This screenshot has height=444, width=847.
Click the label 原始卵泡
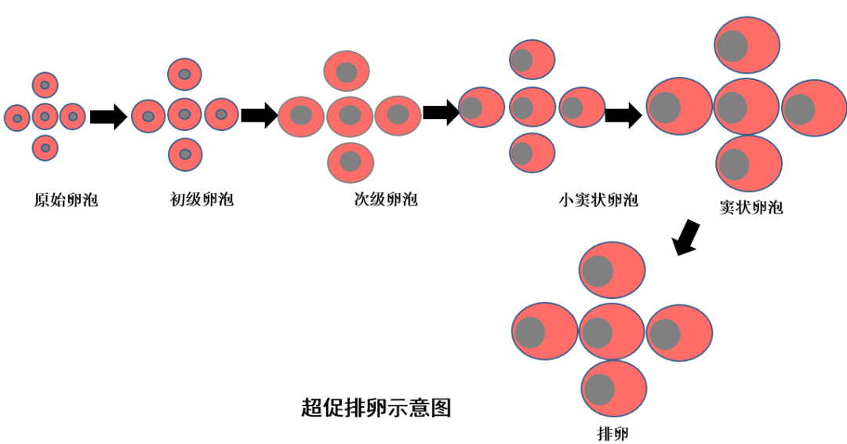[x=66, y=200]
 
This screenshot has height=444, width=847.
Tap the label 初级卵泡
[x=202, y=199]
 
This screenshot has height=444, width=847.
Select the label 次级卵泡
[x=386, y=199]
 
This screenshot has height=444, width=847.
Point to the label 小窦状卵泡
[x=598, y=200]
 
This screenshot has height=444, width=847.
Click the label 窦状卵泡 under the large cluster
[x=751, y=208]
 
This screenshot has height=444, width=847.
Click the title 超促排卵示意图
[x=376, y=408]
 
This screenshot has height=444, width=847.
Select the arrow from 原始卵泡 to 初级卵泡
[x=108, y=117]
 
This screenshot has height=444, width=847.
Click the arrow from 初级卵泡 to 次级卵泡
[x=259, y=115]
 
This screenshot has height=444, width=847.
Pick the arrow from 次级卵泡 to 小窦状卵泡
[x=441, y=111]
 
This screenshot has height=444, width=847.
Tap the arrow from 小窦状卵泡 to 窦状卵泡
[x=623, y=116]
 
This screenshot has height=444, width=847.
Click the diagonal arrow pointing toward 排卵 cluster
[x=687, y=237]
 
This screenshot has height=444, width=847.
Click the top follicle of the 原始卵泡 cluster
[x=45, y=85]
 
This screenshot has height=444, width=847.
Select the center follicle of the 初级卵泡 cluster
[x=184, y=115]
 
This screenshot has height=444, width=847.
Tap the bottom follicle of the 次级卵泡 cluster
[x=350, y=162]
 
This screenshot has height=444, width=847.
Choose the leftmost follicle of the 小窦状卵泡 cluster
[x=481, y=107]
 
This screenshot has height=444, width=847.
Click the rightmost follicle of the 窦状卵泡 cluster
[x=814, y=108]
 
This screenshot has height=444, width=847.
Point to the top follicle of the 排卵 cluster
[x=612, y=270]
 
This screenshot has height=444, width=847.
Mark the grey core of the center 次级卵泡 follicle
[x=350, y=115]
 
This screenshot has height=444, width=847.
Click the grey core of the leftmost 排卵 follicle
[x=529, y=333]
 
